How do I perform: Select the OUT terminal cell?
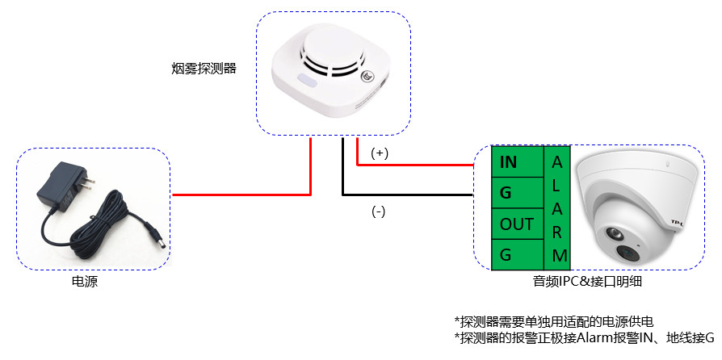point(517,224)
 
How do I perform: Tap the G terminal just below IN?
point(507,194)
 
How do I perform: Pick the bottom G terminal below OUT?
point(507,254)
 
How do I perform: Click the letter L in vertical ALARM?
point(557,185)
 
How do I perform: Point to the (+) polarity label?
point(380,153)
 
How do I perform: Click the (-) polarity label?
point(378,211)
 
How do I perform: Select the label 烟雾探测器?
point(199,68)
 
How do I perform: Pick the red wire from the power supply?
point(242,194)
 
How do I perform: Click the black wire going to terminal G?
point(404,195)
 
